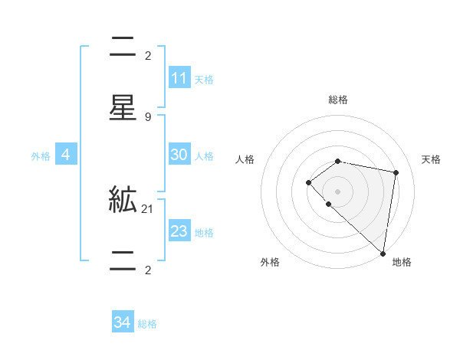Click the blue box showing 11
click(179, 78)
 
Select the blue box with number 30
click(179, 155)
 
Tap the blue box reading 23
click(179, 231)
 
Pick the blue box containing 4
click(65, 155)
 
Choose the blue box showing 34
click(123, 322)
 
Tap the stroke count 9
click(147, 116)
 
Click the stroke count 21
click(147, 208)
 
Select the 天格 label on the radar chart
click(431, 159)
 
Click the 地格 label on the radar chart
click(402, 262)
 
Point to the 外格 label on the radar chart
click(270, 262)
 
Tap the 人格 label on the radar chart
click(245, 159)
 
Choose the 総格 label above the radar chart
click(338, 100)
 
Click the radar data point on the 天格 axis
click(396, 172)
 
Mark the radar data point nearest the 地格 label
click(383, 253)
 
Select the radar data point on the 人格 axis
click(308, 182)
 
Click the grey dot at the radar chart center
click(338, 191)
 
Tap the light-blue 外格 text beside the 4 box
click(41, 155)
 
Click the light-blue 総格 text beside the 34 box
click(147, 323)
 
